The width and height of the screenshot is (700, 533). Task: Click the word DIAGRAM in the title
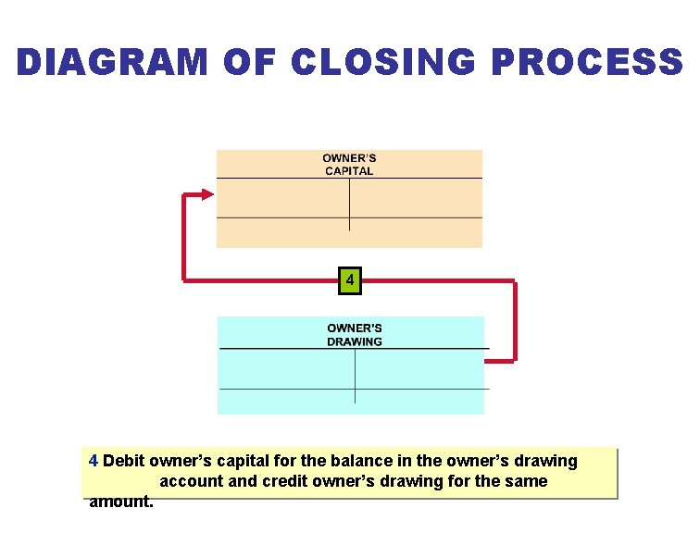112,62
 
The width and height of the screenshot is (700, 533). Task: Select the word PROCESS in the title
587,62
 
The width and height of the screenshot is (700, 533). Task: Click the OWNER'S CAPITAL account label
349,164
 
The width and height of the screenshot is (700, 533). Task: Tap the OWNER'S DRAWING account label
355,334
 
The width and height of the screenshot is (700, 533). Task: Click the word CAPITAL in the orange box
349,171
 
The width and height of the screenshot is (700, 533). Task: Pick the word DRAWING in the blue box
355,341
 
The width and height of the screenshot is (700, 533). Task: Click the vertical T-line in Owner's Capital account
349,204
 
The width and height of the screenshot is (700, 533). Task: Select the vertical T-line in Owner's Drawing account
356,375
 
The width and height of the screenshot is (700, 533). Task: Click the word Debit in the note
124,461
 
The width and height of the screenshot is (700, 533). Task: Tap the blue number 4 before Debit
94,461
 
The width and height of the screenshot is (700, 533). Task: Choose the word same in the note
527,481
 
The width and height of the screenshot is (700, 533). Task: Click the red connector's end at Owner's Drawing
489,359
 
